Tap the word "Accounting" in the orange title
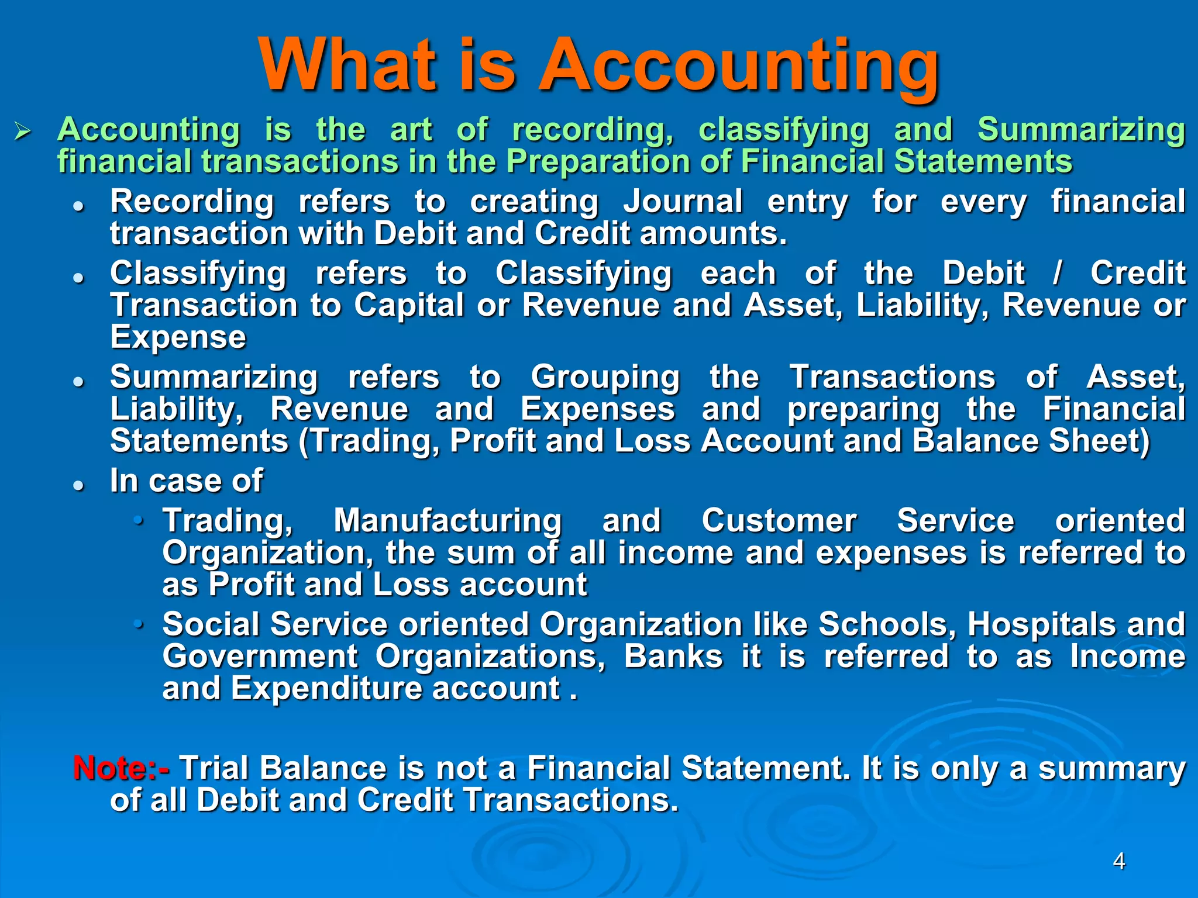point(738,65)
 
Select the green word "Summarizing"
point(1081,130)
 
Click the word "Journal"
point(683,202)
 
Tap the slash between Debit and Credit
point(1057,273)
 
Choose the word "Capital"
point(409,305)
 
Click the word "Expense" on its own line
point(178,337)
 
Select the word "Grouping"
point(605,377)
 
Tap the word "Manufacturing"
point(447,520)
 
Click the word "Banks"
point(673,656)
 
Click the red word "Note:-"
point(121,768)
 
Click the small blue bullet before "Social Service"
point(138,624)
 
